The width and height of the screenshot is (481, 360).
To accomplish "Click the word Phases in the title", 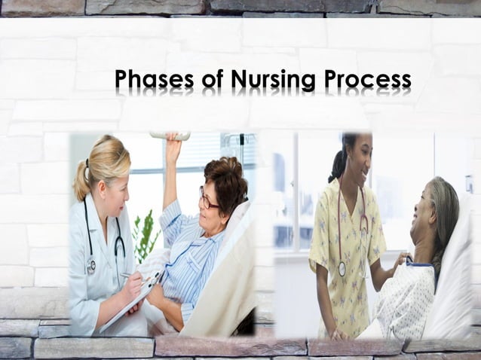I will (x=155, y=79).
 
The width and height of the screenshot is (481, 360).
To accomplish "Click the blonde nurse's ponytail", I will (x=81, y=181).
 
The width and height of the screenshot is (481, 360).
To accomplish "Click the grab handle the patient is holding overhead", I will (x=170, y=136).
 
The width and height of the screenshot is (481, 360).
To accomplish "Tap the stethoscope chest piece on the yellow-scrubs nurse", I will (x=342, y=267).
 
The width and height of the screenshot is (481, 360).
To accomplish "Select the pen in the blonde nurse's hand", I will (x=128, y=276).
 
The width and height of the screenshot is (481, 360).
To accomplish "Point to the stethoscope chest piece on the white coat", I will (x=91, y=264).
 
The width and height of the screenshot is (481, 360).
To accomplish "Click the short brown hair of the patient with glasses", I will (x=226, y=181).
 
